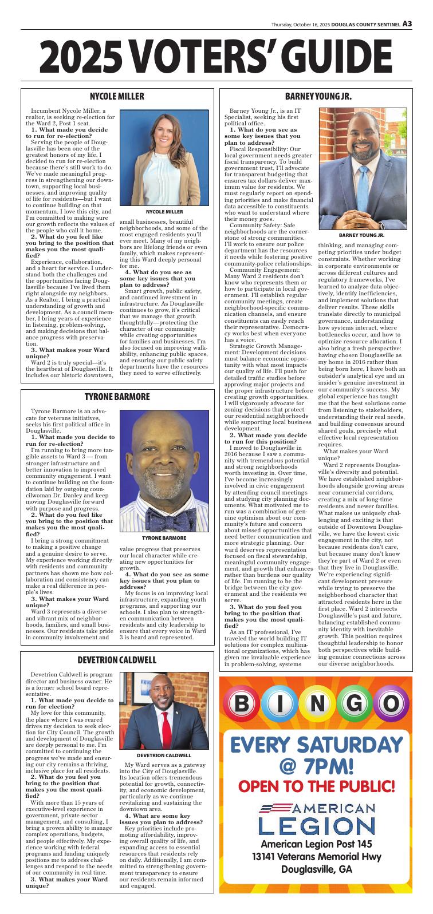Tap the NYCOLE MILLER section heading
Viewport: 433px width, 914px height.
[117, 96]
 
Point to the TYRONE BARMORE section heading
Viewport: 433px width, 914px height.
[117, 397]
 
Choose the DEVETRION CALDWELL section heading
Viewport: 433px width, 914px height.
[117, 644]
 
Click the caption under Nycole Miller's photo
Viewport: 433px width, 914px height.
[164, 212]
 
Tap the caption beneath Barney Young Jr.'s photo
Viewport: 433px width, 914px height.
[361, 235]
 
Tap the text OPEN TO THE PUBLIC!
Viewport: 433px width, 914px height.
[316, 786]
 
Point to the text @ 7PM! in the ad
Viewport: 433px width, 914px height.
[316, 765]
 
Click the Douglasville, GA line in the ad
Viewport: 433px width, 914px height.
[316, 870]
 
